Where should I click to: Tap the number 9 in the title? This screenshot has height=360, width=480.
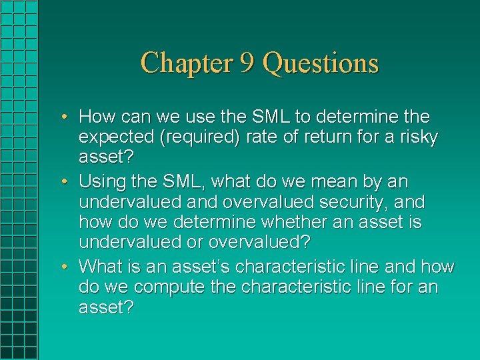pyautogui.click(x=247, y=63)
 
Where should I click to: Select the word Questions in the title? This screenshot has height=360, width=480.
pyautogui.click(x=321, y=63)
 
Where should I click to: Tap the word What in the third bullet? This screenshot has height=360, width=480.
pyautogui.click(x=100, y=267)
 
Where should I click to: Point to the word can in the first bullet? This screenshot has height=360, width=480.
pyautogui.click(x=134, y=117)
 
